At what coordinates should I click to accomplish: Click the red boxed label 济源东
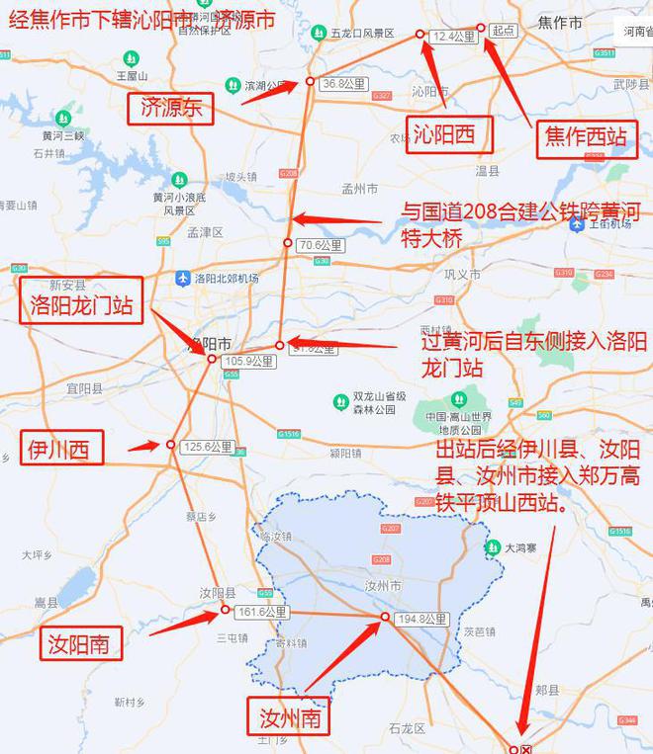171,108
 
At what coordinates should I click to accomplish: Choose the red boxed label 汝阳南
84,645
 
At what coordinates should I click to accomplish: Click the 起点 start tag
503,32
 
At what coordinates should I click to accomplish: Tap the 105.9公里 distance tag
248,362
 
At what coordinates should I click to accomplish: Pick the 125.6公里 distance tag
208,448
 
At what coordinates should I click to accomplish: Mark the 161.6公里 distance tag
262,613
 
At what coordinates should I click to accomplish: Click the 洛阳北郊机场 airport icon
182,279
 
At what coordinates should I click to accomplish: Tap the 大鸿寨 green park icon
493,546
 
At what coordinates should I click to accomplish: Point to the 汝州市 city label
383,586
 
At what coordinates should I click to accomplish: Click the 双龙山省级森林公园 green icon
340,402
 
